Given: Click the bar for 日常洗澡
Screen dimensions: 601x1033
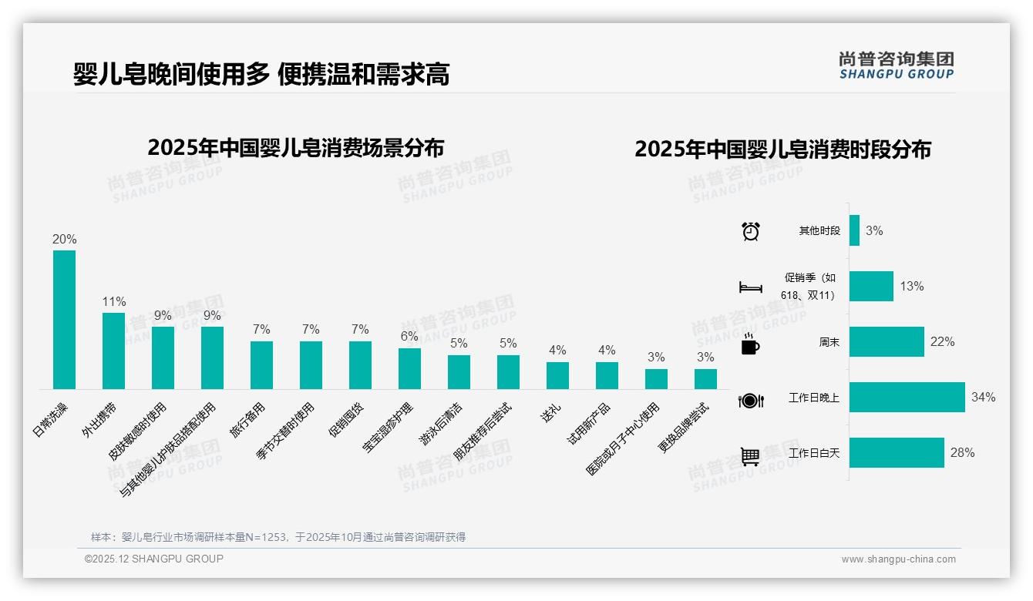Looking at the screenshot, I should (x=64, y=320).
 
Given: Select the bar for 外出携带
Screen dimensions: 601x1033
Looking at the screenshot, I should (x=113, y=351).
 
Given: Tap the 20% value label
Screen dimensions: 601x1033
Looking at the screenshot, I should (x=64, y=240).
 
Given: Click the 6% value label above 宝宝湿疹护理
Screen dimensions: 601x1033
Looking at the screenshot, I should (x=409, y=337).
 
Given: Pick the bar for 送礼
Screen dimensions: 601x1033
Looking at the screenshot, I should (x=557, y=375).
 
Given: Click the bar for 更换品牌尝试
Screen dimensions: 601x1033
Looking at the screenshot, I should (x=705, y=379).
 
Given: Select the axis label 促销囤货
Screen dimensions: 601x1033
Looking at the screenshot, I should (x=346, y=420).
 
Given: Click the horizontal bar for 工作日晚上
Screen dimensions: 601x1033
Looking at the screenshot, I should (x=907, y=398).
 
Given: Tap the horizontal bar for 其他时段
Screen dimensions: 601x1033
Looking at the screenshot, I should (x=854, y=230).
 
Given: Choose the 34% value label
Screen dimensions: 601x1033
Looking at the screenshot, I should (x=983, y=398).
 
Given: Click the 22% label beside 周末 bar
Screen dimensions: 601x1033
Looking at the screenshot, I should (x=942, y=342).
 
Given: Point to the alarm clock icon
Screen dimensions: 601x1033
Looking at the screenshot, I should (x=750, y=231).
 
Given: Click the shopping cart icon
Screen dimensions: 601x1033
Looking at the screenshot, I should (x=750, y=456).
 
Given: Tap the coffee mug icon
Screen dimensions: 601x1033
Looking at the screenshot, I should (x=750, y=344).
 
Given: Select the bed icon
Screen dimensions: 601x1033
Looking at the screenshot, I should (x=750, y=287).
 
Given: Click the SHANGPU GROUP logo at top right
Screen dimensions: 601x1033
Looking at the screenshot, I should (x=896, y=65).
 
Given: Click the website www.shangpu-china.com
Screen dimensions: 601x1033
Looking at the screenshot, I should (x=898, y=559).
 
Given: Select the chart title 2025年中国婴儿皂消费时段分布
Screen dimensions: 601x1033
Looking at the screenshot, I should (x=782, y=149).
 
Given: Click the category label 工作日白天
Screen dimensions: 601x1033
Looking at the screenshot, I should (x=814, y=453).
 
